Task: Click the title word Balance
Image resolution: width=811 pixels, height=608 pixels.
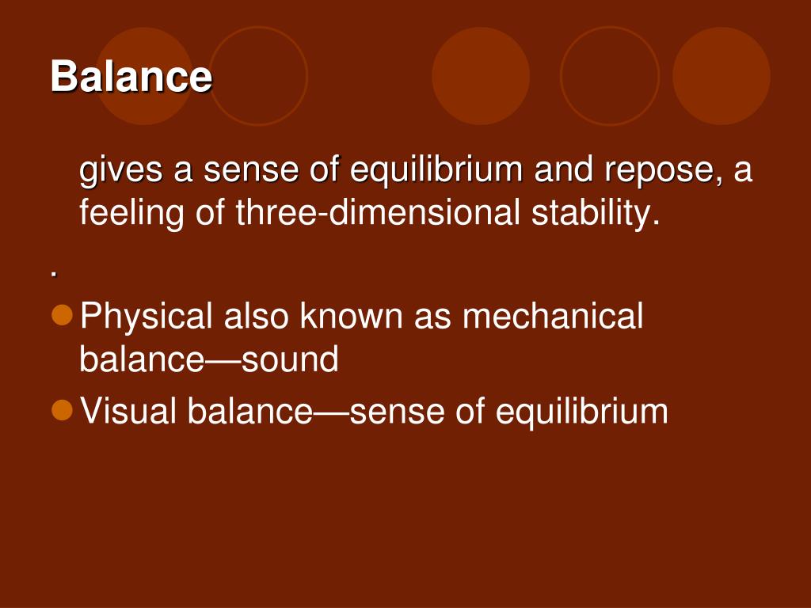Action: pyautogui.click(x=131, y=77)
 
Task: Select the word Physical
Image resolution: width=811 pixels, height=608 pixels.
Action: pyautogui.click(x=147, y=317)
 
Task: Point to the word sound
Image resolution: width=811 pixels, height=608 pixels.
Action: pyautogui.click(x=290, y=359)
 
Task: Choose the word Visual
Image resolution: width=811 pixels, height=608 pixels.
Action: pyautogui.click(x=130, y=411)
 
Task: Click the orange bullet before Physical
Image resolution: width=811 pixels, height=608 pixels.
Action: pyautogui.click(x=62, y=315)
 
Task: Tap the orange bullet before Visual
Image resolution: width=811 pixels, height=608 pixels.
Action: pyautogui.click(x=62, y=409)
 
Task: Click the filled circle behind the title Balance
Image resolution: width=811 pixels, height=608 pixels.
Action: pyautogui.click(x=144, y=76)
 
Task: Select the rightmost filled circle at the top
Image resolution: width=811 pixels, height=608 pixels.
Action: pyautogui.click(x=721, y=76)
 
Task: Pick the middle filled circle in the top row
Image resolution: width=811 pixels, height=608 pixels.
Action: pyautogui.click(x=481, y=76)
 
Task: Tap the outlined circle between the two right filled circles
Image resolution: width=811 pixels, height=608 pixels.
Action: pyautogui.click(x=610, y=76)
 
